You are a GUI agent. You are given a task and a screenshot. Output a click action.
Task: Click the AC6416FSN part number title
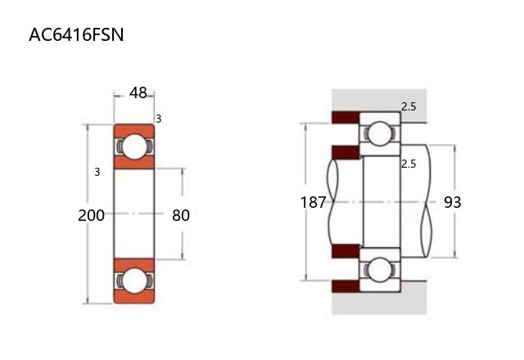pyautogui.click(x=76, y=34)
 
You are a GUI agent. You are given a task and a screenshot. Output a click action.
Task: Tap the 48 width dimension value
pyautogui.click(x=138, y=92)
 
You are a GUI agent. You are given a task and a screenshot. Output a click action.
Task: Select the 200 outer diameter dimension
pyautogui.click(x=91, y=215)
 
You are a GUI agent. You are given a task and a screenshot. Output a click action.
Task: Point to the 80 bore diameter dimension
pyautogui.click(x=181, y=215)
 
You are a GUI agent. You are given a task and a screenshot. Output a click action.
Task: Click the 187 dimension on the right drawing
pyautogui.click(x=313, y=202)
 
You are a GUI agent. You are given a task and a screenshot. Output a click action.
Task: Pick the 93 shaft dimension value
pyautogui.click(x=453, y=202)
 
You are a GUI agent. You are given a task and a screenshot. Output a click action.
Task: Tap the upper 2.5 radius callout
pyautogui.click(x=409, y=107)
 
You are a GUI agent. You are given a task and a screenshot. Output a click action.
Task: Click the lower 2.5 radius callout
pyautogui.click(x=409, y=164)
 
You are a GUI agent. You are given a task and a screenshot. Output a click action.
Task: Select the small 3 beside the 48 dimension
pyautogui.click(x=158, y=119)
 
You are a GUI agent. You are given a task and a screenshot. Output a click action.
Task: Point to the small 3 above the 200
pyautogui.click(x=97, y=172)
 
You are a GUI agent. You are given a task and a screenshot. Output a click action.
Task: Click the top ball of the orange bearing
pyautogui.click(x=134, y=146)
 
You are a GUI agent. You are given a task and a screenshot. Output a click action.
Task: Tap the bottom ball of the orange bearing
pyautogui.click(x=134, y=281)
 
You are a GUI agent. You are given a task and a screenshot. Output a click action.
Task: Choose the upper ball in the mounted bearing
pyautogui.click(x=380, y=133)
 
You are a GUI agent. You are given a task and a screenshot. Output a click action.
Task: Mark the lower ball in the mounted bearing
pyautogui.click(x=380, y=269)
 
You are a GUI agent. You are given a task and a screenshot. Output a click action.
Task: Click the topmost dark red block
pyautogui.click(x=346, y=117)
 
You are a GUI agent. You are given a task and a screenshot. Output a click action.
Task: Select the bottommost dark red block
pyautogui.click(x=346, y=286)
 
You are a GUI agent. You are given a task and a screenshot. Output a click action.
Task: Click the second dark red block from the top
pyautogui.click(x=346, y=152)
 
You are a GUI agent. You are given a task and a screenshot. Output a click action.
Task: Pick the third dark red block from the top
pyautogui.click(x=346, y=251)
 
